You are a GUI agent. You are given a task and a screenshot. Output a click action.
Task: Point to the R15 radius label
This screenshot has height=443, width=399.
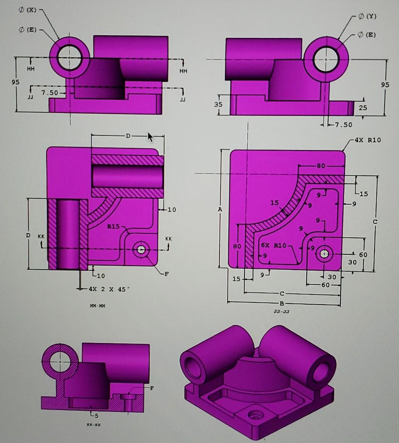(x=113, y=226)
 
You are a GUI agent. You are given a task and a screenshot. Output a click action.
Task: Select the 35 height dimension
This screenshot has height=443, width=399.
(x=219, y=104)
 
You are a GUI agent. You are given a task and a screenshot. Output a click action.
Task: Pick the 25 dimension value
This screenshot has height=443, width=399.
(x=363, y=108)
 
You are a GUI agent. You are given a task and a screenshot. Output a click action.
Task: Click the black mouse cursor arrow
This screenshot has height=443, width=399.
(x=150, y=137)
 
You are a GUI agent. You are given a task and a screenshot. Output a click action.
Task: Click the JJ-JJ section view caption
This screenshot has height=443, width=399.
(x=282, y=312)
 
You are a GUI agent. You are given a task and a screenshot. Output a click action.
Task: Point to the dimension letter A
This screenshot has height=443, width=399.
(x=221, y=209)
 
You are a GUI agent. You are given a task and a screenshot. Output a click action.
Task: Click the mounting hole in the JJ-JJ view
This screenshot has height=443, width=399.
(x=324, y=254)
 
